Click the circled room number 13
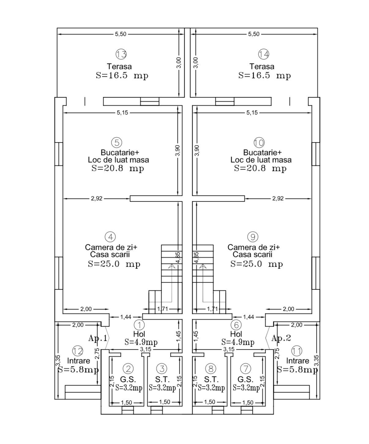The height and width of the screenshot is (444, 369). click(121, 54)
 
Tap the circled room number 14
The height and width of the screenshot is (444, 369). click(263, 54)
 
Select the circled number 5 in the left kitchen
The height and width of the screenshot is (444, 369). click(117, 143)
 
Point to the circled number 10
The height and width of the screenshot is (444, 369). click(259, 143)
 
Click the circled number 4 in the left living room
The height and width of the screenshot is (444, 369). click(110, 237)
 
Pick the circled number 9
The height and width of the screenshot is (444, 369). click(253, 237)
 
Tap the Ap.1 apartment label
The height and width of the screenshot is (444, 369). click(98, 338)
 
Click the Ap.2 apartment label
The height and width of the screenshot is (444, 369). click(281, 338)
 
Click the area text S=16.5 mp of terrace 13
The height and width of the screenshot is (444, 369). click(122, 75)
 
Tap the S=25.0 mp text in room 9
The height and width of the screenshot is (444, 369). click(256, 264)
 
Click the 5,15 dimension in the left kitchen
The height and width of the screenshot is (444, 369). click(122, 113)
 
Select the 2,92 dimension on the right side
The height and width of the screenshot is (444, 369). click(278, 198)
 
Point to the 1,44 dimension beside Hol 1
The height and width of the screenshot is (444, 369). click(126, 317)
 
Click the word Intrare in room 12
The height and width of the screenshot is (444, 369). click(79, 361)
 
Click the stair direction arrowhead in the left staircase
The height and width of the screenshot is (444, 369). click(172, 266)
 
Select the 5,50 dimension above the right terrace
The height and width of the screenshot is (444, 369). click(254, 34)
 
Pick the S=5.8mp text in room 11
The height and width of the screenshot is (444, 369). click(297, 370)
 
